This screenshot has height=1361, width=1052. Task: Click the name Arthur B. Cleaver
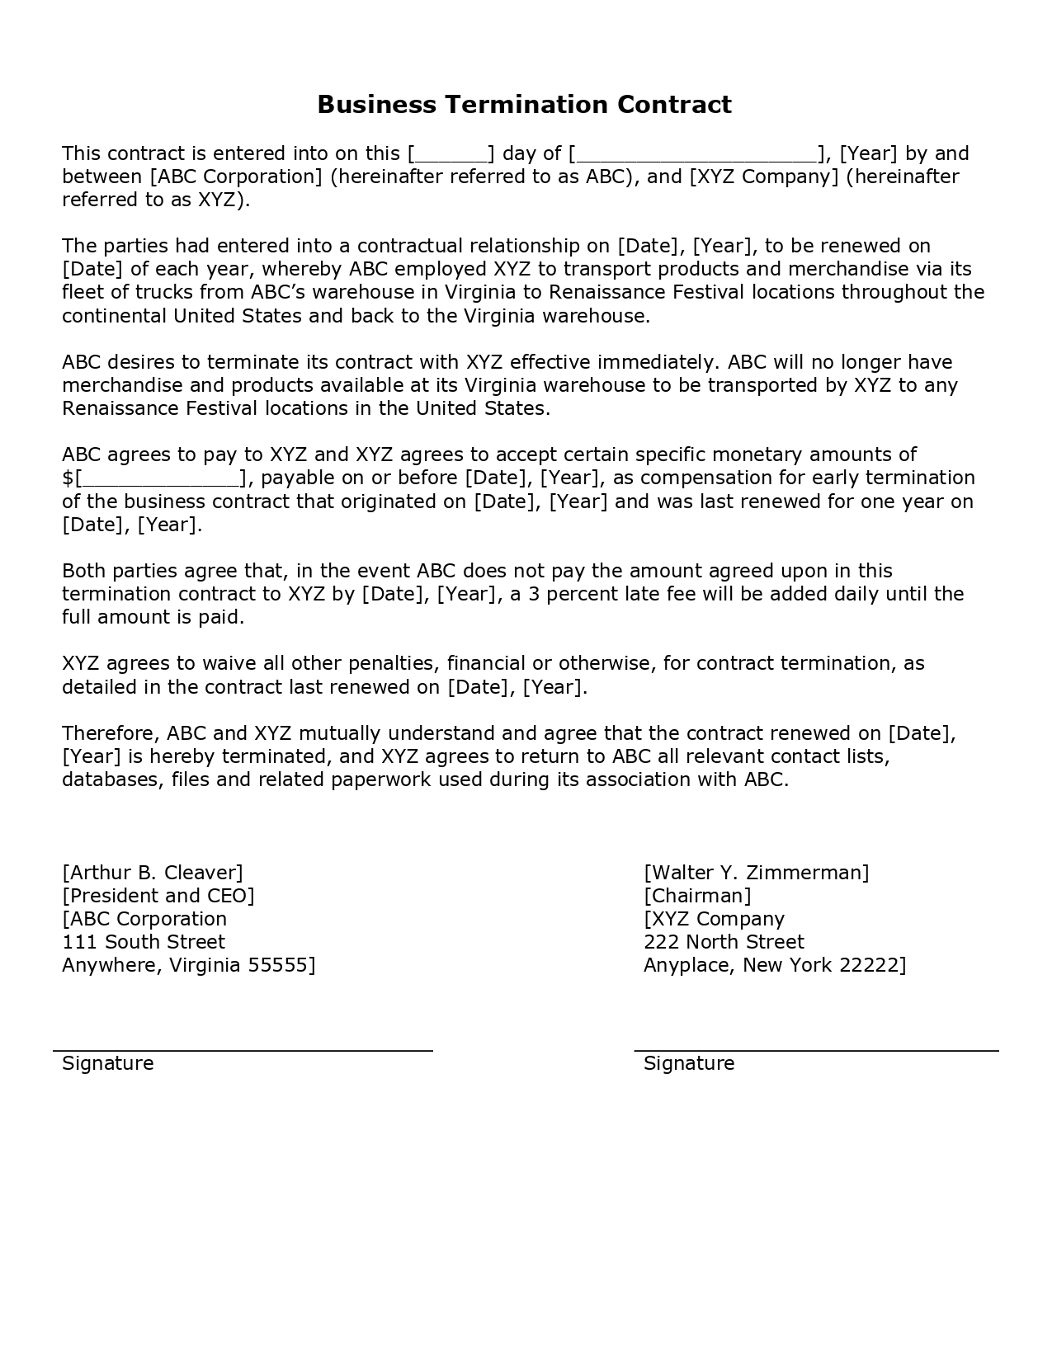click(x=153, y=873)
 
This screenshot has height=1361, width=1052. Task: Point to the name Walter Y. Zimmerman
click(x=757, y=873)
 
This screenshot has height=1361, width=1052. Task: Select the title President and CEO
click(x=158, y=896)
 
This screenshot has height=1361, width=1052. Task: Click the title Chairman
click(x=698, y=896)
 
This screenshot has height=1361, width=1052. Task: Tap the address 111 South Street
click(x=144, y=942)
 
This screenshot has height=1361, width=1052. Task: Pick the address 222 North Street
click(x=724, y=942)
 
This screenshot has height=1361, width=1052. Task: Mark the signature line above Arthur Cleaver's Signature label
click(x=243, y=1050)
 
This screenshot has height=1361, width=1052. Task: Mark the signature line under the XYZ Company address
click(x=816, y=1050)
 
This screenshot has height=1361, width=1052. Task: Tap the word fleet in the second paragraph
click(x=81, y=292)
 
